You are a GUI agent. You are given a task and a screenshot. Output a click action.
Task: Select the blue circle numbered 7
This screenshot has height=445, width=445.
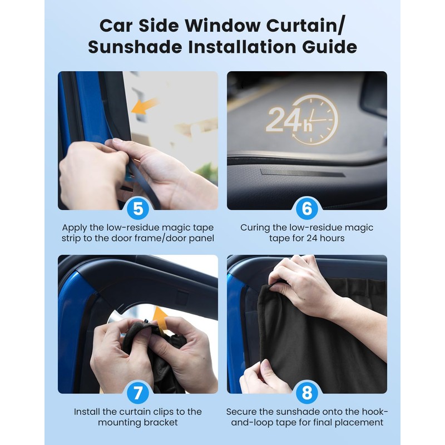point(138,393)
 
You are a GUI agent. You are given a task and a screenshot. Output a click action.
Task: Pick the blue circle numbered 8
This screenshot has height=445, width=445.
point(307,393)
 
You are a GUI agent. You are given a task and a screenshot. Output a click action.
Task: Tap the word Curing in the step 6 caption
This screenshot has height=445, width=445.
point(255,228)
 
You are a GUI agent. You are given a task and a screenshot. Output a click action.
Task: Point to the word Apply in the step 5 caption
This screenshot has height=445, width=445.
point(75,228)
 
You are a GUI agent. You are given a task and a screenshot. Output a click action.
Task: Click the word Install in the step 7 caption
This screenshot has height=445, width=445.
point(88,412)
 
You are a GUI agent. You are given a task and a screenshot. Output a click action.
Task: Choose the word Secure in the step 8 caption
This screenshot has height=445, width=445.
point(241,412)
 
